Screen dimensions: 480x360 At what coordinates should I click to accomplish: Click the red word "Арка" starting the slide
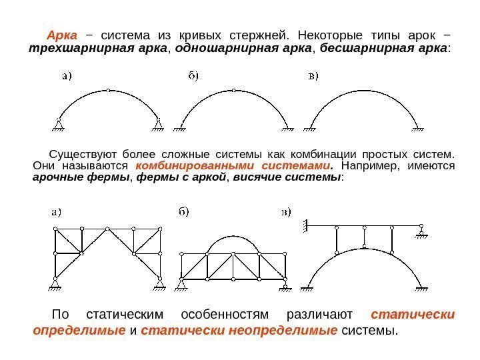62,34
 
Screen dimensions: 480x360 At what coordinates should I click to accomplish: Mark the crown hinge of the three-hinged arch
109,90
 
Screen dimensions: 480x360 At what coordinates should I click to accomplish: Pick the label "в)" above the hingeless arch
312,75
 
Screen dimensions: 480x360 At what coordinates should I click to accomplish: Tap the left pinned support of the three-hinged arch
59,124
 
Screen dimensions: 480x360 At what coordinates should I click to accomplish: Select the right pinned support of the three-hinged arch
159,124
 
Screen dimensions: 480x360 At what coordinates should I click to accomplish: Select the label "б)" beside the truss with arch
183,213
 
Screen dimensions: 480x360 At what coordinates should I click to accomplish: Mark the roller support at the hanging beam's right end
421,231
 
